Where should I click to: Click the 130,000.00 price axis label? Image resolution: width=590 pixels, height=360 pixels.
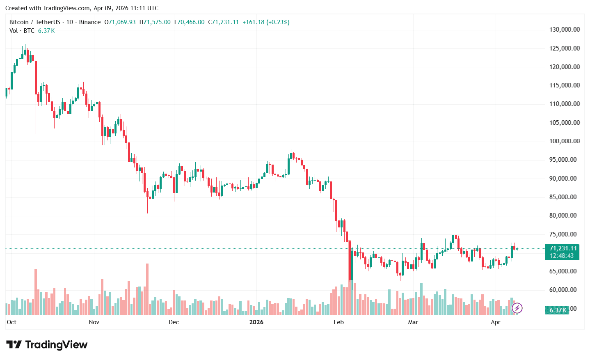pyautogui.click(x=564, y=30)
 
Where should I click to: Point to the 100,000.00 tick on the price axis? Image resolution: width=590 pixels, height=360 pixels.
pyautogui.click(x=564, y=141)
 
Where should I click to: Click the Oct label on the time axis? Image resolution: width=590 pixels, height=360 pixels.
pyautogui.click(x=11, y=322)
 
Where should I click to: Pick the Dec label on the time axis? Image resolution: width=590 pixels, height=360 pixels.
pyautogui.click(x=174, y=322)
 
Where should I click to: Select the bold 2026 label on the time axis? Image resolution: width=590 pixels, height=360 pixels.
pyautogui.click(x=256, y=322)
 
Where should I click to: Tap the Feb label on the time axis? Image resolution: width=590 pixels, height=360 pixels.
pyautogui.click(x=338, y=322)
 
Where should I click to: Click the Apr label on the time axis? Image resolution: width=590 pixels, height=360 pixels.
pyautogui.click(x=495, y=322)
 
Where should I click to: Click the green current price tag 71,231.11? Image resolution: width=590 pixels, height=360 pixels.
pyautogui.click(x=563, y=248)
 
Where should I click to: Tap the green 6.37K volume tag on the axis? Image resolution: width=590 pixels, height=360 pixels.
pyautogui.click(x=558, y=310)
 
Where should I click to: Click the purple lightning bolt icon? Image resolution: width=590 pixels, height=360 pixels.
pyautogui.click(x=517, y=307)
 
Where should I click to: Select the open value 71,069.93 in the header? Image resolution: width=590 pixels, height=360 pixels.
pyautogui.click(x=122, y=22)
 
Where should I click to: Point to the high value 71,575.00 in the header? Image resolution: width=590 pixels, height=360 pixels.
pyautogui.click(x=157, y=22)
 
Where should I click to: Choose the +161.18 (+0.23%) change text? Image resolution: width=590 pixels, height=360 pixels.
pyautogui.click(x=266, y=22)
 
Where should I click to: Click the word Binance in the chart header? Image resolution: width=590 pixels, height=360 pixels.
pyautogui.click(x=89, y=22)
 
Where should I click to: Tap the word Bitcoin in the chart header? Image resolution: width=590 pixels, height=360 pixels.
pyautogui.click(x=19, y=22)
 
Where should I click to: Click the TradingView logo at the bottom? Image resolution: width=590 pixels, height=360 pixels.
pyautogui.click(x=47, y=344)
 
